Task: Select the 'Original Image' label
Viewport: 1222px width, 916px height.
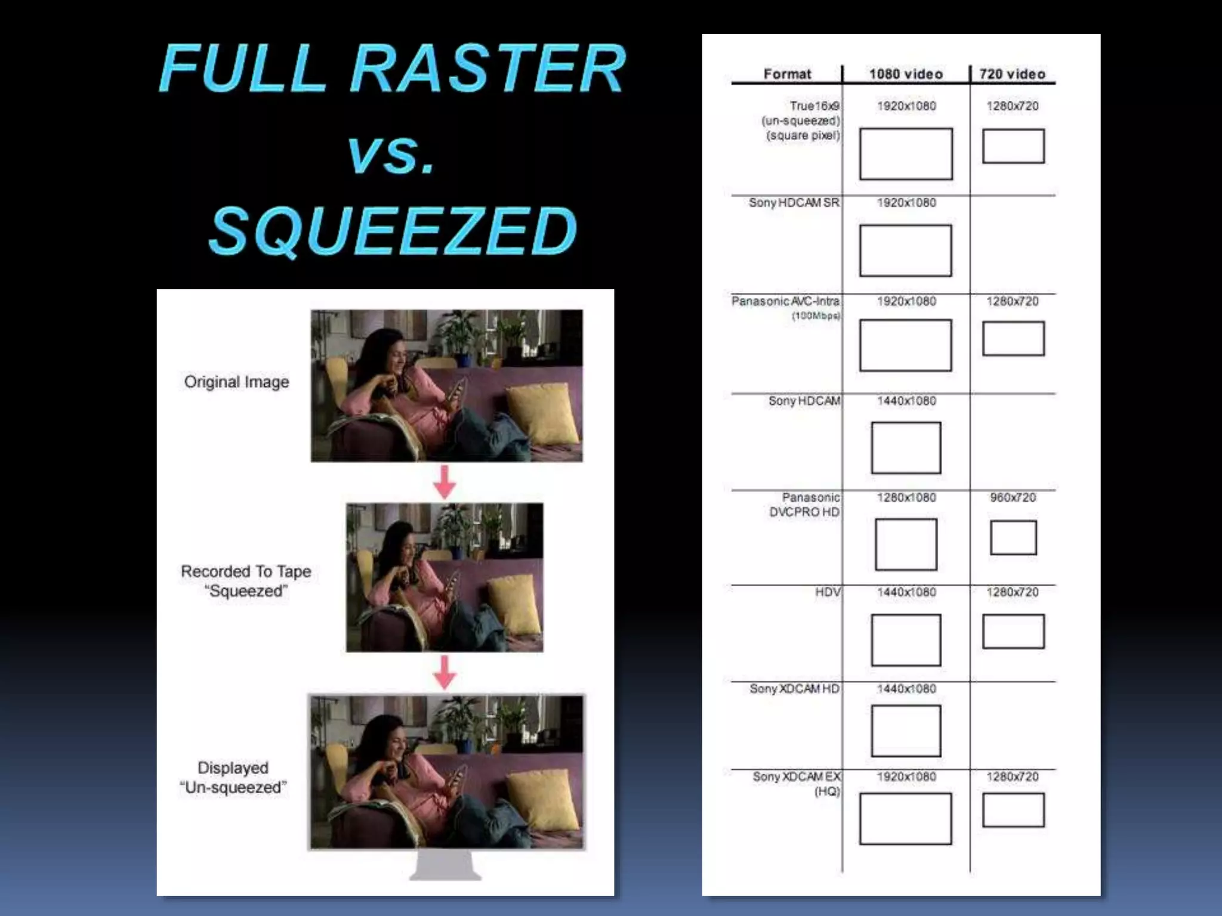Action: (236, 382)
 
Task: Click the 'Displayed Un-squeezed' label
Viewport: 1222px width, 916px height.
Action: (233, 777)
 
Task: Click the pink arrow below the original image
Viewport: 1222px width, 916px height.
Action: (445, 482)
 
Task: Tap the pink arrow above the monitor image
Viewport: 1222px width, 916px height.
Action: (445, 672)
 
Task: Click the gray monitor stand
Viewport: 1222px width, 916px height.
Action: (445, 865)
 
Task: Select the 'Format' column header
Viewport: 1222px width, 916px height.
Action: (787, 74)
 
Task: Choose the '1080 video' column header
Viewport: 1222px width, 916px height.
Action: (906, 74)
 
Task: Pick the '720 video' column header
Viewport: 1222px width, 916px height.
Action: (1012, 74)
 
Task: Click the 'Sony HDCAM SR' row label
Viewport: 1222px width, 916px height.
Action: (794, 203)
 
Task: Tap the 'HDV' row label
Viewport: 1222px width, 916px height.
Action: (828, 592)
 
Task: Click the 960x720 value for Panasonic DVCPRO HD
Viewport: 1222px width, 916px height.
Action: (1013, 497)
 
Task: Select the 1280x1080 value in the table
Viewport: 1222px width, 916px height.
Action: (906, 497)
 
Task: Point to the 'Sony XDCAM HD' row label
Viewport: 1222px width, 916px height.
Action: (794, 689)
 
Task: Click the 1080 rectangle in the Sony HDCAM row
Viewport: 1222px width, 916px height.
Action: (906, 447)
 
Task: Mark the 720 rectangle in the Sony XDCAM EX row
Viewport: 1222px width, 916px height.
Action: (1013, 810)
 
